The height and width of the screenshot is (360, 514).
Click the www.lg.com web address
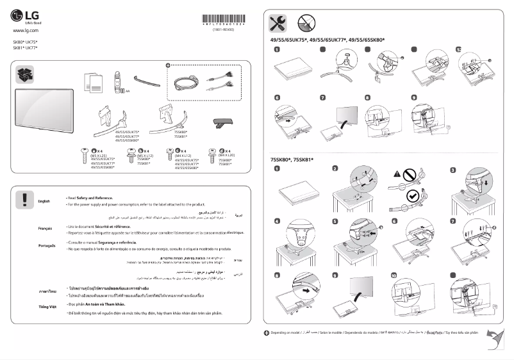[26, 30]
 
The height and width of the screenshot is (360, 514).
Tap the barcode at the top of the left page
[223, 19]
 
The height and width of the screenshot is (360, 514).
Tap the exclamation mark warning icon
[24, 199]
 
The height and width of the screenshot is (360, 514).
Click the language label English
[44, 201]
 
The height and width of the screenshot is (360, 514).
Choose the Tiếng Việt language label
[47, 307]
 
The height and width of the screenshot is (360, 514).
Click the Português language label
[47, 246]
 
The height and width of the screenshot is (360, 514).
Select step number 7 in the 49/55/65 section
[323, 98]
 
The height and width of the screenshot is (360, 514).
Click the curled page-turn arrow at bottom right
[494, 340]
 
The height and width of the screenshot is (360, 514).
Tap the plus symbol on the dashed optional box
[168, 65]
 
